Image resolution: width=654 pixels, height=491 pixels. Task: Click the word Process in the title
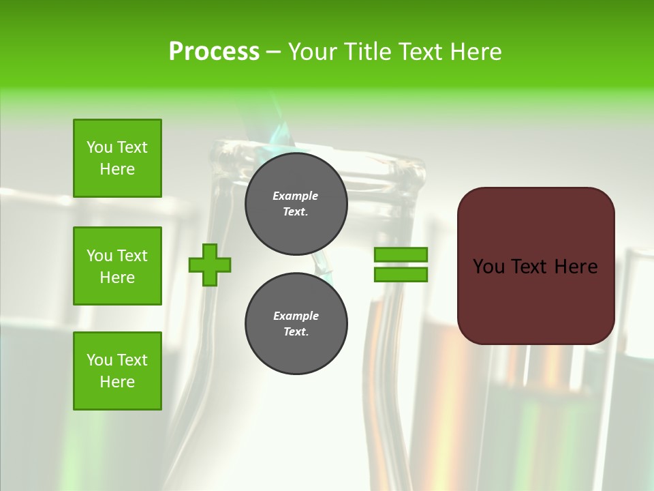tap(214, 52)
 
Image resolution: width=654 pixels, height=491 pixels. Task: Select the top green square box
tap(117, 158)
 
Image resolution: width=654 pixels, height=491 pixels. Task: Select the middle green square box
tap(117, 266)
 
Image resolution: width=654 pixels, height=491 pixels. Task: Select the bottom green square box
tap(117, 371)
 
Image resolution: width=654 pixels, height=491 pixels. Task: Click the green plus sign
tap(210, 265)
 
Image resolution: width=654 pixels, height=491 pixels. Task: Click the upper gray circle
tap(296, 204)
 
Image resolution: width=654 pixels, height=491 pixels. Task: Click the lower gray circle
tap(296, 324)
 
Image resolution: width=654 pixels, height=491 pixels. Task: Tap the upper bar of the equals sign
tap(401, 254)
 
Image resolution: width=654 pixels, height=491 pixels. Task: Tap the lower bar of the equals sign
tap(401, 275)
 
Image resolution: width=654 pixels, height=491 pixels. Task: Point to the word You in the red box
tap(488, 267)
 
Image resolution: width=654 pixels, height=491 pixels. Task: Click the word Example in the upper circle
tap(296, 196)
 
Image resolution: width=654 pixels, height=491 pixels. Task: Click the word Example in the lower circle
tap(296, 316)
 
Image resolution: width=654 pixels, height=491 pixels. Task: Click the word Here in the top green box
tap(117, 169)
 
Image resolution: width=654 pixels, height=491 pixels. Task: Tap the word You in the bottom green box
tap(99, 360)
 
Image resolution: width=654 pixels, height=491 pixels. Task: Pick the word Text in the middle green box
tap(133, 256)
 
